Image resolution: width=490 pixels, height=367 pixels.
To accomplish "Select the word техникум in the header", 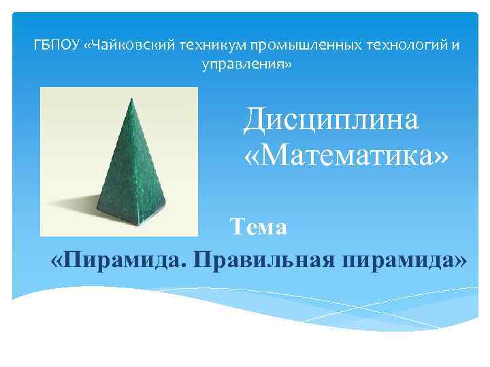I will click(212, 46).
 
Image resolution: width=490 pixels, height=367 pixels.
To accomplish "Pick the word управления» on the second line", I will click(247, 65).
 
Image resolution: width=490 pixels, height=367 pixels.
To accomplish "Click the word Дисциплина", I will click(331, 120).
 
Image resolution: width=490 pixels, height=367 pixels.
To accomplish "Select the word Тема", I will click(258, 226).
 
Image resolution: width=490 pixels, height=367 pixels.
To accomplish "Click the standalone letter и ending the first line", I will click(455, 46).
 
